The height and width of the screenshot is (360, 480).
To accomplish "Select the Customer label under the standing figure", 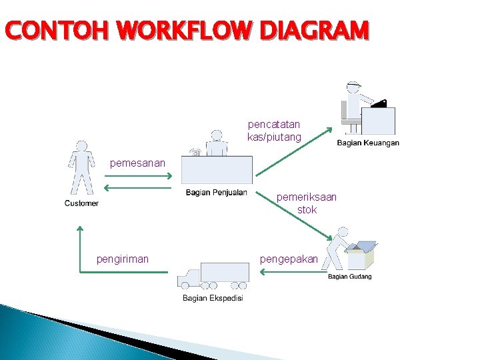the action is pyautogui.click(x=81, y=203).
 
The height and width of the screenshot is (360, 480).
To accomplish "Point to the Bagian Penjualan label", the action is pyautogui.click(x=216, y=193).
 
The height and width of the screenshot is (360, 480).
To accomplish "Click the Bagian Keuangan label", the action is pyautogui.click(x=368, y=143).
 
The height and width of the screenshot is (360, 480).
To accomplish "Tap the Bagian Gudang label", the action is pyautogui.click(x=349, y=277).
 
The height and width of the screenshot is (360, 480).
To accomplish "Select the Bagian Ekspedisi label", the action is pyautogui.click(x=213, y=298).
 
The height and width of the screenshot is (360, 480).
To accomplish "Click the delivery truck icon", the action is pyautogui.click(x=213, y=277).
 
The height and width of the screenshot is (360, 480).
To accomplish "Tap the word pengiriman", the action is pyautogui.click(x=123, y=259).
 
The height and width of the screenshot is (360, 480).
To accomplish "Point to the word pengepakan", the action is pyautogui.click(x=289, y=259).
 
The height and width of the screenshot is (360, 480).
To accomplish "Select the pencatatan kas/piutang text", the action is pyautogui.click(x=274, y=131).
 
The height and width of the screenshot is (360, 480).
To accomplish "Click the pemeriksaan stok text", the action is pyautogui.click(x=307, y=203).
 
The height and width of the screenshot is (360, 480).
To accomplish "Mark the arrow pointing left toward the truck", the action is pyautogui.click(x=289, y=272).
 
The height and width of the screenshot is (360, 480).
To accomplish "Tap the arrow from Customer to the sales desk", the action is pyautogui.click(x=138, y=177).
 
